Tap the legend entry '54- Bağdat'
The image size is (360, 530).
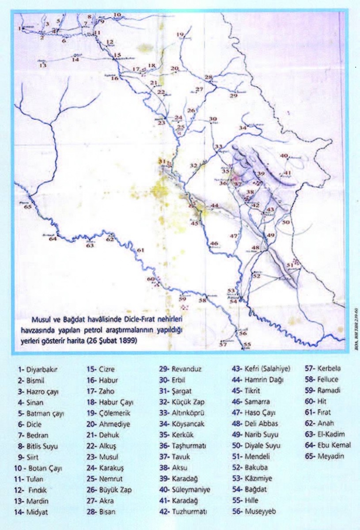click(251, 489)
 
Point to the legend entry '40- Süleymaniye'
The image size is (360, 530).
click(185, 489)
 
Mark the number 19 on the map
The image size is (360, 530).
click(180, 34)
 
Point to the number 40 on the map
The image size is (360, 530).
click(284, 156)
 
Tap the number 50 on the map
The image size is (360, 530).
click(286, 222)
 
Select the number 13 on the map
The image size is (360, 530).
click(43, 65)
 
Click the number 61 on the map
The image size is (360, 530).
click(141, 250)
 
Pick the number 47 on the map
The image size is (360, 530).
click(234, 236)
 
